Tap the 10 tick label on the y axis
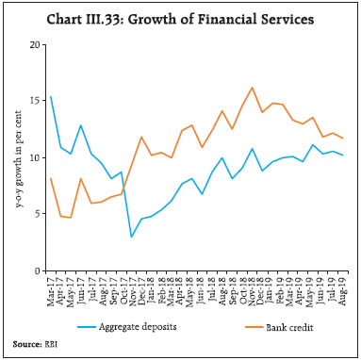[x=34, y=157]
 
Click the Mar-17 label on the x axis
[x=51, y=287]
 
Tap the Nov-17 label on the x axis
[x=131, y=287]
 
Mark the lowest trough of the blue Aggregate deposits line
[x=131, y=237]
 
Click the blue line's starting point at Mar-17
[x=51, y=96]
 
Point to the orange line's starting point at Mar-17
[x=51, y=178]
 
